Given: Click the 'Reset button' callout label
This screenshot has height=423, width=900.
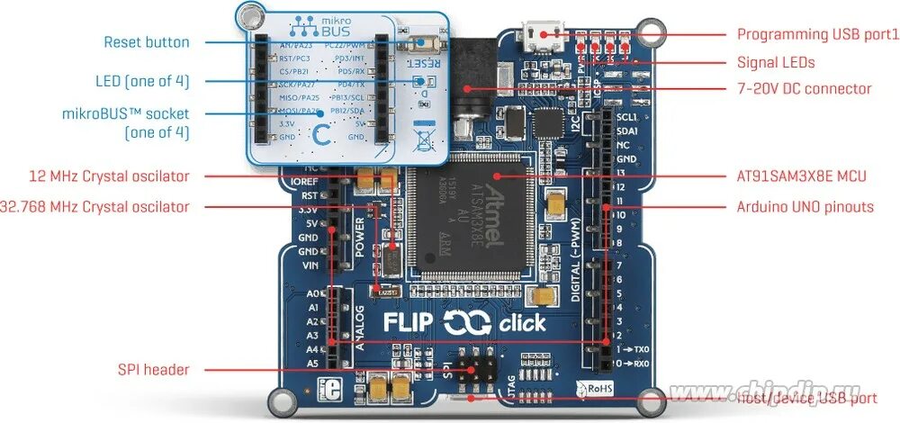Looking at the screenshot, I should [147, 42].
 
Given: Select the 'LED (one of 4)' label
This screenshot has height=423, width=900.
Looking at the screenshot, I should [142, 81].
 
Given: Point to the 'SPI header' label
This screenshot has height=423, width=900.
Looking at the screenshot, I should [154, 369].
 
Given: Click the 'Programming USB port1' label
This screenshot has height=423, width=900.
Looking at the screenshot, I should [818, 34].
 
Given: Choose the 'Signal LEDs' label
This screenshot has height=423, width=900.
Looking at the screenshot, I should [776, 62].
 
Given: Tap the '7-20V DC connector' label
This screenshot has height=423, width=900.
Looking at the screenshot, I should [804, 88].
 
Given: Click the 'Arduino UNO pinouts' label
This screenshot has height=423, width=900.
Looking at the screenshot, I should [805, 207].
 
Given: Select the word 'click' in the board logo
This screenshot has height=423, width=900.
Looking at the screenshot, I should [520, 322].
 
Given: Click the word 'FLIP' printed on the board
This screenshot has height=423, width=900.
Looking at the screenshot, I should [409, 322].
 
